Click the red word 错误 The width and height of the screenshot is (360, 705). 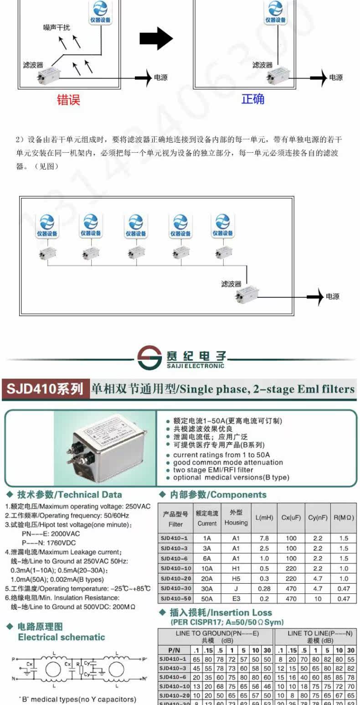pyautogui.click(x=68, y=99)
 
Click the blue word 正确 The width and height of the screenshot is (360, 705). pyautogui.click(x=253, y=98)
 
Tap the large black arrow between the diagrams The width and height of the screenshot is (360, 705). pyautogui.click(x=156, y=38)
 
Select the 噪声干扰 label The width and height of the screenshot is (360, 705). pyautogui.click(x=57, y=28)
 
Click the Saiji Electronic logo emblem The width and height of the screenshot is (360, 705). pyautogui.click(x=149, y=358)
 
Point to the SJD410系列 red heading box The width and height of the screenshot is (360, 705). pyautogui.click(x=45, y=389)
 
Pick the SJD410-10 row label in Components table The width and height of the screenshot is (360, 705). pyautogui.click(x=175, y=568)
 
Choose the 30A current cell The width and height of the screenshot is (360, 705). pyautogui.click(x=207, y=588)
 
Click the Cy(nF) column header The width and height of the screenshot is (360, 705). pyautogui.click(x=318, y=518)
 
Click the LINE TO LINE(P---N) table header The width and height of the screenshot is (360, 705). pyautogui.click(x=320, y=633)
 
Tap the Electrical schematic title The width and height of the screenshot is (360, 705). pyautogui.click(x=61, y=637)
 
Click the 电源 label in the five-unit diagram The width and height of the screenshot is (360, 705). pyautogui.click(x=333, y=296)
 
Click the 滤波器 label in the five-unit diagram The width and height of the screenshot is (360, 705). pyautogui.click(x=231, y=284)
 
